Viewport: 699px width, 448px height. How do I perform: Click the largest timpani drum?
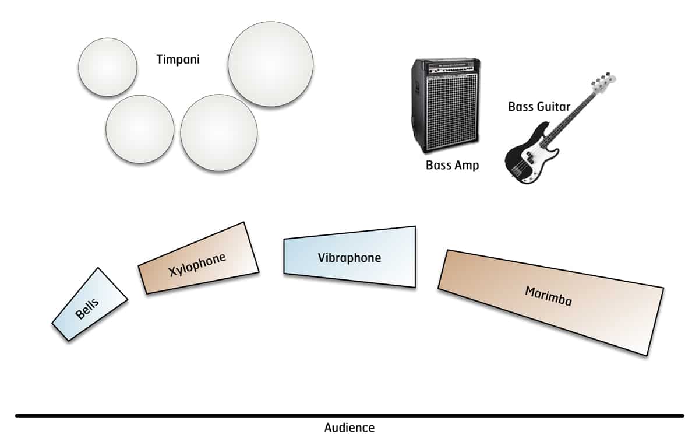tap(270, 64)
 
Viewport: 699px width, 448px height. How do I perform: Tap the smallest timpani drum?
tap(108, 67)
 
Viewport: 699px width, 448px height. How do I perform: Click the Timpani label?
tap(178, 60)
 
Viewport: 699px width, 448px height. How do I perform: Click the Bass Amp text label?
tap(452, 166)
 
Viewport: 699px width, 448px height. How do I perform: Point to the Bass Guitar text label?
tap(539, 107)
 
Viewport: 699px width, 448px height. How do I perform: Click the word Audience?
tap(349, 428)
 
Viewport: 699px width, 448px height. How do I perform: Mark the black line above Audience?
tap(349, 415)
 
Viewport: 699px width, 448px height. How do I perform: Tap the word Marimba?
tap(548, 296)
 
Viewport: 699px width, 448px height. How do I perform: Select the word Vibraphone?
tap(349, 258)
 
